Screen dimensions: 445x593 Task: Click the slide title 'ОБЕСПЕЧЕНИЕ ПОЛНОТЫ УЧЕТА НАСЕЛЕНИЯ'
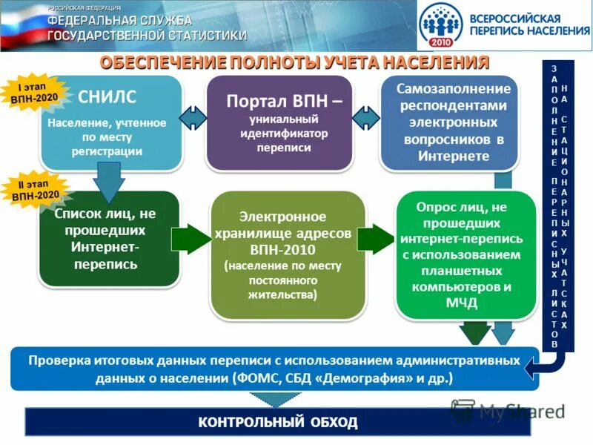pos(294,62)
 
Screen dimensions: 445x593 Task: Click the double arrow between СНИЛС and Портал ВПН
pos(193,118)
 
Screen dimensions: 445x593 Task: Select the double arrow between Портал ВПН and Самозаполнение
pos(366,118)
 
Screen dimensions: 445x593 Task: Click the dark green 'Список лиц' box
pos(109,239)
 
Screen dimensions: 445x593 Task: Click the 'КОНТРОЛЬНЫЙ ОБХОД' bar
pos(278,423)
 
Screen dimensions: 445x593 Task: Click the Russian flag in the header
pos(22,26)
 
